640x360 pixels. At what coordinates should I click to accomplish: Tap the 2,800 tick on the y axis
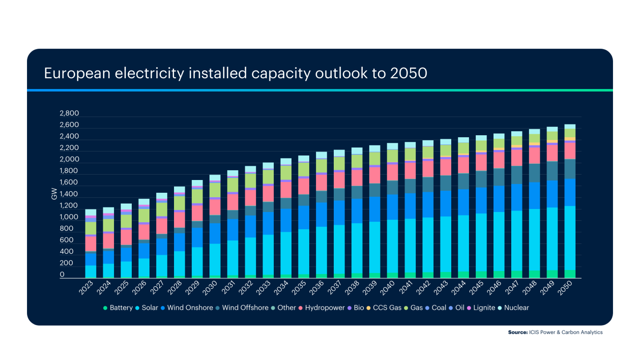(x=69, y=113)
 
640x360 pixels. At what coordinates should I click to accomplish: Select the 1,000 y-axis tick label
(x=69, y=217)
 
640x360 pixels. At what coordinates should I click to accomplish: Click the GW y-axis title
(x=54, y=194)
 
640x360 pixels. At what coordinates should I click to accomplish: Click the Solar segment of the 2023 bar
(x=90, y=271)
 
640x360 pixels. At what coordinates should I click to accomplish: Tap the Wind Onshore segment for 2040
(x=392, y=207)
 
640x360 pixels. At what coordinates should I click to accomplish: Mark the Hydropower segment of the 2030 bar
(x=215, y=207)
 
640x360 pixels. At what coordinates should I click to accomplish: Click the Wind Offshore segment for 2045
(x=481, y=179)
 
